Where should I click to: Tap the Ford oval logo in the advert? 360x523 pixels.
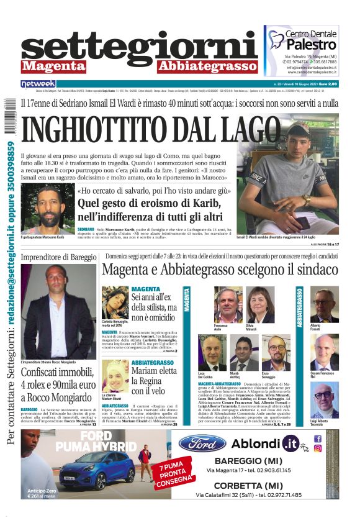point(202,443)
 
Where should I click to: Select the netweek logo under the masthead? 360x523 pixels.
point(38,83)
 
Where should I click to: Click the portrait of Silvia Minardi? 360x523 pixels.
point(261,305)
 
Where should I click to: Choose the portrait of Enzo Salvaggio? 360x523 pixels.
point(277,353)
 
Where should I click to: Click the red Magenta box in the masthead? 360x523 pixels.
point(53,66)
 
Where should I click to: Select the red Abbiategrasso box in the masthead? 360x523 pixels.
point(199,66)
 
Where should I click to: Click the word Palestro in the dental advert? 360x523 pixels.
point(312,46)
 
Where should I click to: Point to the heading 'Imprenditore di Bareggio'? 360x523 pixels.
point(58,257)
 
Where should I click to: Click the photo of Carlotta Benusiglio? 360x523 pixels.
point(115,302)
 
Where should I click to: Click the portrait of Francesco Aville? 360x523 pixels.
point(228,305)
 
